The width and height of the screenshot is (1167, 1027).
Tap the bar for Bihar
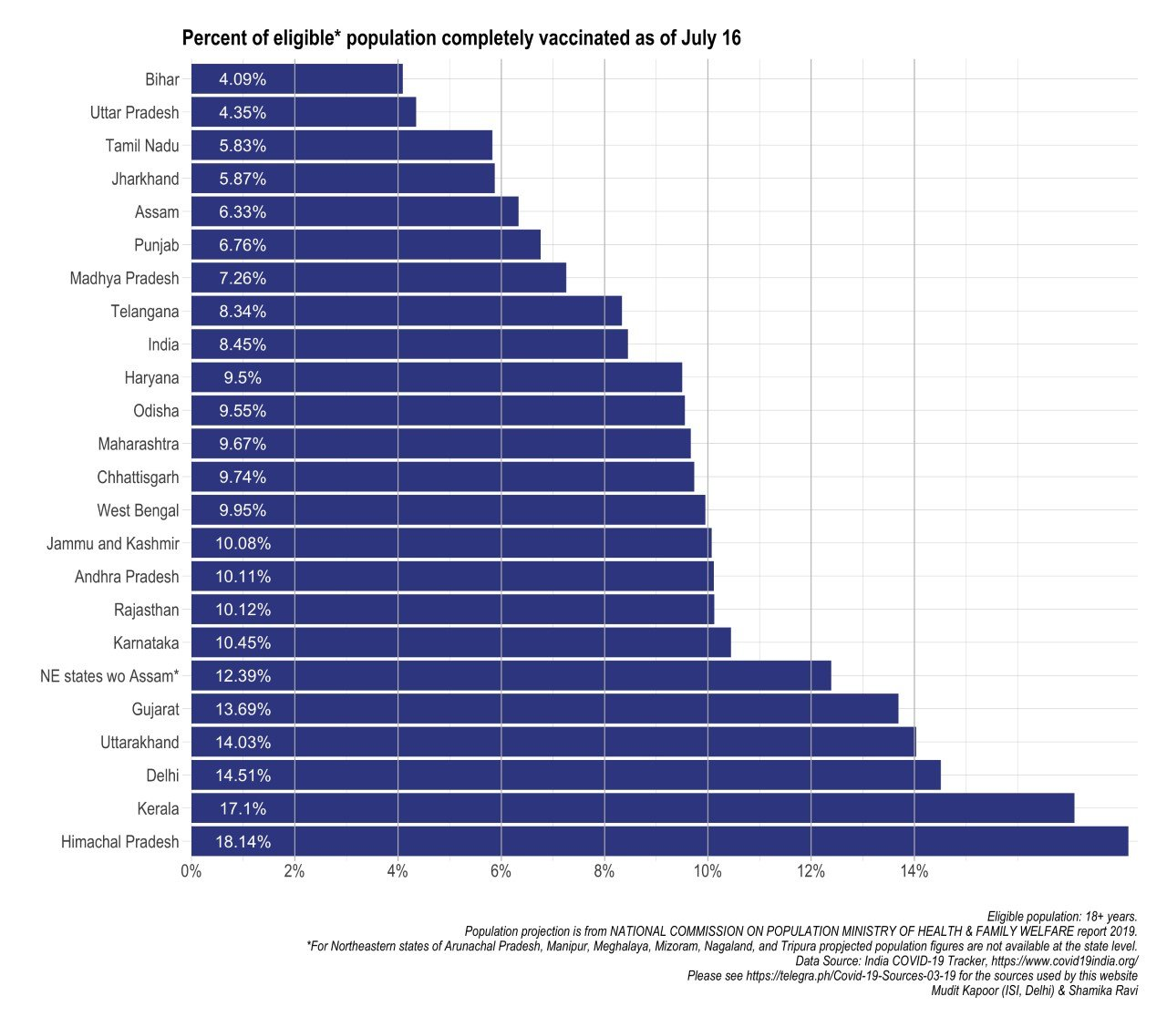(296, 79)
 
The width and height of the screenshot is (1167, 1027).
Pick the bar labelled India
(409, 344)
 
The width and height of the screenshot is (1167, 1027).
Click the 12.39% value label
(243, 676)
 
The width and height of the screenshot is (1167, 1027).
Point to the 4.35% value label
(243, 113)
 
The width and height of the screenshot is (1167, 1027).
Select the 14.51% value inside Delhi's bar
(243, 775)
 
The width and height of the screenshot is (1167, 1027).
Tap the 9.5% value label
(243, 378)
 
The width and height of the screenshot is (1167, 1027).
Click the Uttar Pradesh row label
(135, 113)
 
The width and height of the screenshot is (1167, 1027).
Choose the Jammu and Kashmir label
(113, 544)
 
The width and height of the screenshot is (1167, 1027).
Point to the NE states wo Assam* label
(109, 676)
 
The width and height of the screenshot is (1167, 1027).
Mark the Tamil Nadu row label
(142, 146)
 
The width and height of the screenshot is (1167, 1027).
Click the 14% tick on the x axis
(914, 872)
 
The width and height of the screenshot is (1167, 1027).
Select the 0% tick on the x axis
(191, 872)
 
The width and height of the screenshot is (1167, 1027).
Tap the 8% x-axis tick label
(604, 872)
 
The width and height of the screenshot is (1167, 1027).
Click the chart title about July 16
(461, 38)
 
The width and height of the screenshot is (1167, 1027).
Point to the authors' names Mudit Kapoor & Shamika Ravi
(1034, 991)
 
